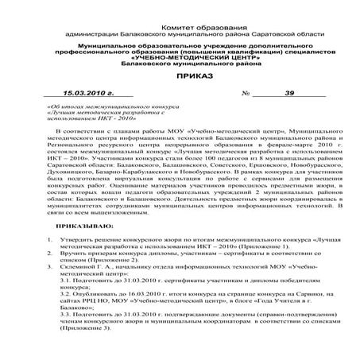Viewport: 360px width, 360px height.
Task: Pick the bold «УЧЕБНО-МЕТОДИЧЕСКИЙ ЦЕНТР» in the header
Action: pos(180,58)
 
